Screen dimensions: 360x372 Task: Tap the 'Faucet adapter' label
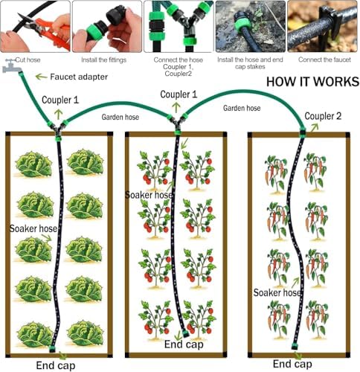click(x=79, y=77)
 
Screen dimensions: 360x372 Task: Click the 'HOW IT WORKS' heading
click(x=312, y=82)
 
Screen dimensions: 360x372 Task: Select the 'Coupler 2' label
click(x=323, y=116)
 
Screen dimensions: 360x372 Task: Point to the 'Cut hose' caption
click(x=28, y=60)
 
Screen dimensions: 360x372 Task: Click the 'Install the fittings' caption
click(x=104, y=60)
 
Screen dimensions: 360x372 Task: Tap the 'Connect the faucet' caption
click(x=324, y=60)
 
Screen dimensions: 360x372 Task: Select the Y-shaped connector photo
click(x=179, y=26)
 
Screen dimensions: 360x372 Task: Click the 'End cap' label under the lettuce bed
click(x=56, y=365)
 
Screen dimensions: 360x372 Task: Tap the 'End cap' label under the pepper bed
click(x=292, y=364)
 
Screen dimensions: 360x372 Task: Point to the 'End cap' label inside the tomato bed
click(x=184, y=344)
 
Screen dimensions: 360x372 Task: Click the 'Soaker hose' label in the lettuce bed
click(x=33, y=228)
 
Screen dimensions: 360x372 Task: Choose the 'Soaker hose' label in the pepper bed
click(x=277, y=292)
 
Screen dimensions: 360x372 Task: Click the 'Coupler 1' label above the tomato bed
click(x=179, y=94)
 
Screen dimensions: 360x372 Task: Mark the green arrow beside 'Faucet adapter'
click(x=41, y=77)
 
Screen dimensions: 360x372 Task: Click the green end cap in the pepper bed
click(x=295, y=346)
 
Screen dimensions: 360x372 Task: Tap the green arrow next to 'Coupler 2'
click(x=315, y=127)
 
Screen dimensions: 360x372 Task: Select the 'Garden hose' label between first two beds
click(x=120, y=117)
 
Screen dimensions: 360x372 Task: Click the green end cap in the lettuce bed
click(x=52, y=349)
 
